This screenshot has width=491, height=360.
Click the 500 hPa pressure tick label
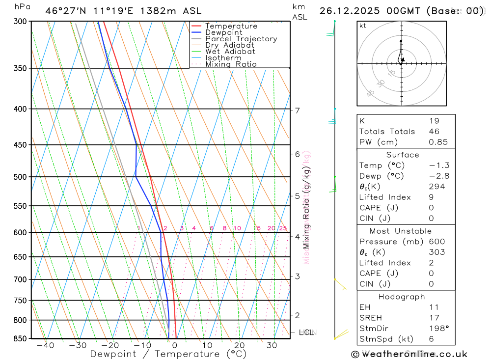(x=21, y=177)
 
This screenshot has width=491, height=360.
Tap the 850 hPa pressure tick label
(x=21, y=338)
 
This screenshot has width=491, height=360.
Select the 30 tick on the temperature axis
(x=272, y=345)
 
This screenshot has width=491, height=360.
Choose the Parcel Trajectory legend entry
(x=241, y=39)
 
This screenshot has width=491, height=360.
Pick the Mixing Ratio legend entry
(x=231, y=64)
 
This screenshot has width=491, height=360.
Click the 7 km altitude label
(x=298, y=111)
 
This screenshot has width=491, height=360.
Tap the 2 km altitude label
(x=298, y=315)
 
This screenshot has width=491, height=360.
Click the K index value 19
(x=434, y=121)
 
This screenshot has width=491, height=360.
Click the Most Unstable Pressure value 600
(x=437, y=242)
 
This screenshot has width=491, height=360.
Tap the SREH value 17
(x=434, y=318)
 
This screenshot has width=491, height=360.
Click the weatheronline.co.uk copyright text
(x=409, y=354)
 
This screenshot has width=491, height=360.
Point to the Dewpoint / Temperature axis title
(x=168, y=354)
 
